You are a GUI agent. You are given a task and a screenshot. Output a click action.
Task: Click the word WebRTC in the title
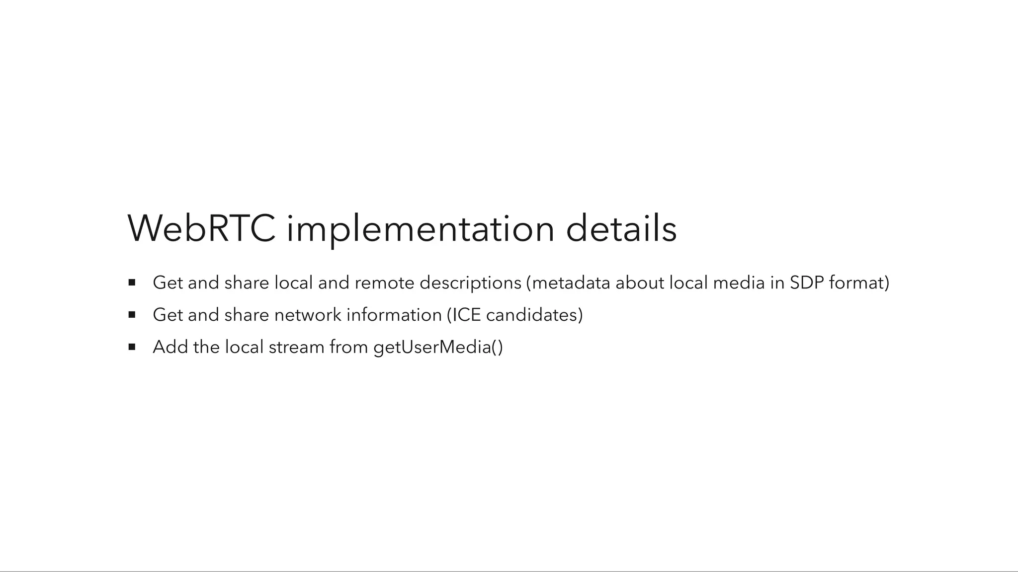pos(201,228)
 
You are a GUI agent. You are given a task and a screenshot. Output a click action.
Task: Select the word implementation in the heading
pos(420,228)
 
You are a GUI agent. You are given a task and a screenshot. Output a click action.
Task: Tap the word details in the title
pos(621,228)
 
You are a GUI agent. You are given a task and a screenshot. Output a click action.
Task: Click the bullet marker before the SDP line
pos(132,283)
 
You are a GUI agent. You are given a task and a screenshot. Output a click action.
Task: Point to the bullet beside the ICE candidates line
pos(132,315)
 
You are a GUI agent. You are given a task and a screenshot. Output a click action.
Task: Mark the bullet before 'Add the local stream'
pos(132,347)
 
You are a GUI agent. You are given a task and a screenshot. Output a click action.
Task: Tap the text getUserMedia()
pos(438,347)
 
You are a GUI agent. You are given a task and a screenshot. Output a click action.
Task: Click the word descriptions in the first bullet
pos(470,283)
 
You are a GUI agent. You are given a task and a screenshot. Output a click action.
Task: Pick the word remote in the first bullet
pos(384,283)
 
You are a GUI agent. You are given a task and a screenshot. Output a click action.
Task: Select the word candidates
pos(531,315)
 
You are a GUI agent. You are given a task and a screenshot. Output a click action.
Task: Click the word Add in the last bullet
pos(170,347)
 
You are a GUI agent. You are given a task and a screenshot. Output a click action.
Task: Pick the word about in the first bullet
pos(640,283)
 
